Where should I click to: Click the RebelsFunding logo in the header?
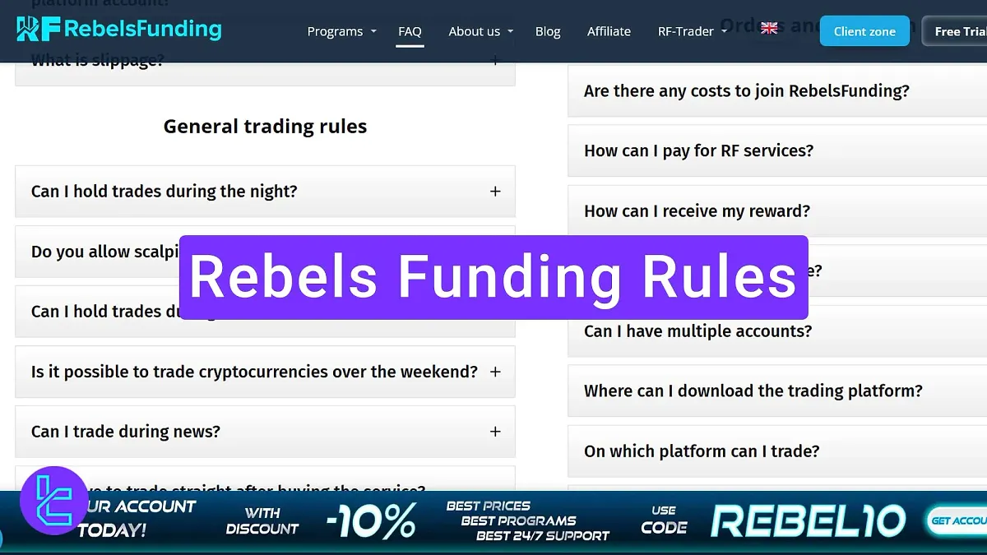(119, 30)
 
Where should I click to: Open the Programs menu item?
(335, 31)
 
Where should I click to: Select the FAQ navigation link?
(410, 31)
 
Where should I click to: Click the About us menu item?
(475, 31)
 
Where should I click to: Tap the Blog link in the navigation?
(548, 31)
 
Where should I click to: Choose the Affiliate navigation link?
(609, 31)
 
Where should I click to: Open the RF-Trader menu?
(686, 31)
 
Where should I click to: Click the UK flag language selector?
(769, 28)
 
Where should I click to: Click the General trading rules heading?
(265, 127)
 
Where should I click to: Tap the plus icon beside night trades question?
(495, 191)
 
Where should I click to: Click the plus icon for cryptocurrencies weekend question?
(495, 372)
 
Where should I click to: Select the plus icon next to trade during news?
(495, 432)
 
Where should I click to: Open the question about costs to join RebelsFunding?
(746, 91)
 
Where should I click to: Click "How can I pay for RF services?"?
(698, 150)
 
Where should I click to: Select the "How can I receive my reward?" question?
(697, 211)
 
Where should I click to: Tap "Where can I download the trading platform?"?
(753, 391)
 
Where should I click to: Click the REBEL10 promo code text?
(808, 520)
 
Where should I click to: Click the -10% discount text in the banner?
(371, 521)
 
